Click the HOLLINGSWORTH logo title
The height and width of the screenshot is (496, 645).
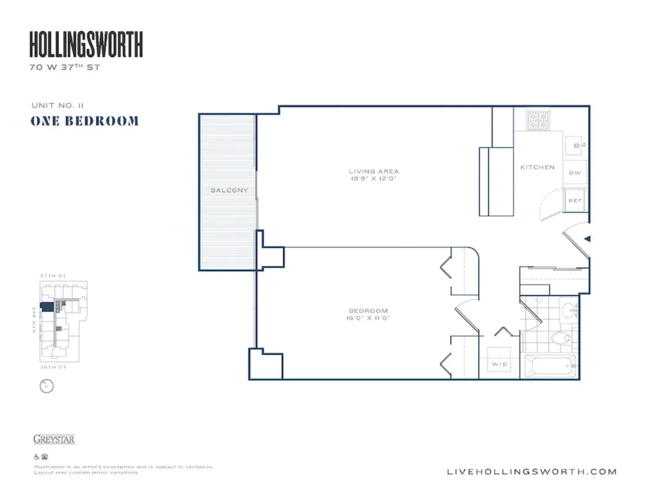tap(86, 44)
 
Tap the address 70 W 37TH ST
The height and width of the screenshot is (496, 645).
tap(65, 67)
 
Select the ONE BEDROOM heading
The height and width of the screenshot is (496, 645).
tap(84, 121)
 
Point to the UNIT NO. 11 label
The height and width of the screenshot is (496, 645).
tap(57, 105)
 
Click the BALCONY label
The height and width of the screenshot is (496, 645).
tap(229, 190)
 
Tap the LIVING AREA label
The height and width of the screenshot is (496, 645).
tap(374, 171)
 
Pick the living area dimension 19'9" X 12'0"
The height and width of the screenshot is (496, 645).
tap(374, 179)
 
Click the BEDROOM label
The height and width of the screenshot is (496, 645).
tap(368, 311)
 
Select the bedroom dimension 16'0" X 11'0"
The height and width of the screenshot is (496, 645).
tap(368, 318)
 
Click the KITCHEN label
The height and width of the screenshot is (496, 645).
tap(537, 167)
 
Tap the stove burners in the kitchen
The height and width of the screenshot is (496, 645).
tap(537, 120)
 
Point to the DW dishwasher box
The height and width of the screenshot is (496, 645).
tap(575, 173)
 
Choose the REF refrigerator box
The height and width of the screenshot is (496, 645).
tap(575, 200)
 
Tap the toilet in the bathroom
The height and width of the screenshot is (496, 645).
tap(561, 338)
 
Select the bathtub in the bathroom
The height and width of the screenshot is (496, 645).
tap(550, 365)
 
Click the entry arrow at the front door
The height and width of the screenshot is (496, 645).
tap(587, 239)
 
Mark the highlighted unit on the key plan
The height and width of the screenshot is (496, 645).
tap(47, 307)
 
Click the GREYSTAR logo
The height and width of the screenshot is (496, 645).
tap(54, 439)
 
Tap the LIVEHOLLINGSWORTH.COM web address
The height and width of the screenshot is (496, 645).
tap(532, 472)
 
